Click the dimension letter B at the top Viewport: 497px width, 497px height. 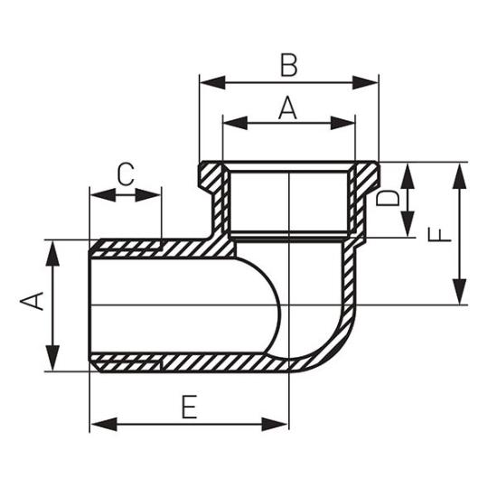(x=289, y=66)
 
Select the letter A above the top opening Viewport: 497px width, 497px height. (x=287, y=108)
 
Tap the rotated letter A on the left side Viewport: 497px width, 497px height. (x=32, y=301)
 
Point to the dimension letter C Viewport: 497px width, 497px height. (x=126, y=174)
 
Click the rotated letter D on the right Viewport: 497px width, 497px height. (x=388, y=198)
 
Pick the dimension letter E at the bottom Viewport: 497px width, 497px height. (x=190, y=407)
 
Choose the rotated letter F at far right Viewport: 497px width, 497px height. (x=439, y=235)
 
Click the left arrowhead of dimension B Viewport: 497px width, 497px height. (x=212, y=82)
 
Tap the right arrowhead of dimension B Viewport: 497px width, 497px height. (x=366, y=82)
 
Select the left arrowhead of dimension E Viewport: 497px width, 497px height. (x=103, y=425)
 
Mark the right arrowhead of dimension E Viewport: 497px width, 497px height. (x=275, y=425)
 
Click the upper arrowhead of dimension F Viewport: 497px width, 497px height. (x=459, y=175)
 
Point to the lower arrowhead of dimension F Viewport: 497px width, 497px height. (x=459, y=292)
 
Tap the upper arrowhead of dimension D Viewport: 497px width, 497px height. (x=408, y=175)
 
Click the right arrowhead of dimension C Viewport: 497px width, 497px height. (x=148, y=195)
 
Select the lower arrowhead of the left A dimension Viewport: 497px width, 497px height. (x=52, y=358)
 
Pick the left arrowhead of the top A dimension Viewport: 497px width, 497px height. (x=236, y=123)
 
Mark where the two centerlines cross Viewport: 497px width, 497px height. (x=289, y=305)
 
